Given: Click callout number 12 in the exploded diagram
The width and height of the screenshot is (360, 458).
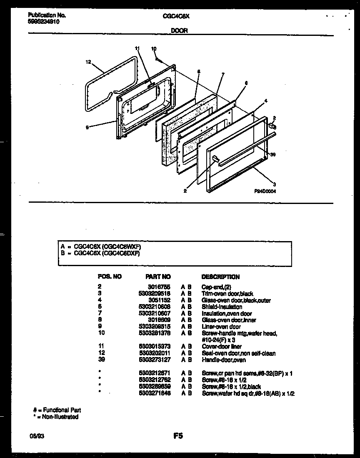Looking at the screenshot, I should (x=88, y=62).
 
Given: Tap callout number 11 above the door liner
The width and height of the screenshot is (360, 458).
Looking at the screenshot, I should (x=138, y=48).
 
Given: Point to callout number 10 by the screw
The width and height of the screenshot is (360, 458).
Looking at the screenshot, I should (x=154, y=49).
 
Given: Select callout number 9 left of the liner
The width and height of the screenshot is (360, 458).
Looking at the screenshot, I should (x=87, y=128).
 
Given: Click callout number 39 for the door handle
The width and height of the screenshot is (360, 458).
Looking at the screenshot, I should (x=273, y=154).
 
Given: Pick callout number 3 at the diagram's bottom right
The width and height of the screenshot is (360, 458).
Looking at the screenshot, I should (x=274, y=184).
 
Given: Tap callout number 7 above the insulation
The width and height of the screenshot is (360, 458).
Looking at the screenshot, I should (x=223, y=74).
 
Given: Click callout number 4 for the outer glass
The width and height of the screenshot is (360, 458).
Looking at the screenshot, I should (x=265, y=101).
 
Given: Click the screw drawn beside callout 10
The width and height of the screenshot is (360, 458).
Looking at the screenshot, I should (x=160, y=60).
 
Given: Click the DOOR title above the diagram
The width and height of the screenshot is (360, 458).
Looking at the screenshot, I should (x=180, y=30).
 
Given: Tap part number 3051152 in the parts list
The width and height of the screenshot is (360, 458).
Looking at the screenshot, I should (x=160, y=300).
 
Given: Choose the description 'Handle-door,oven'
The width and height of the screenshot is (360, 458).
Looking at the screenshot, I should (x=223, y=360).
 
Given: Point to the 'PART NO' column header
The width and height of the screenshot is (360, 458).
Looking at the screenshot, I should (x=158, y=277).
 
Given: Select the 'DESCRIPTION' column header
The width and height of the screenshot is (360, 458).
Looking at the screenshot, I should (x=220, y=277).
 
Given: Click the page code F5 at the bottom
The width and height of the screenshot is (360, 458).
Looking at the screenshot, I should (x=178, y=436).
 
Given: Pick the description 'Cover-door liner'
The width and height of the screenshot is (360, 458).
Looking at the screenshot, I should (x=222, y=347).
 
